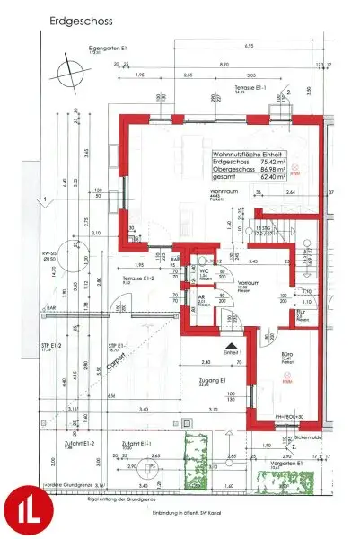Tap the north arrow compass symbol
pos(66,68)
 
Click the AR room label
pos(203,302)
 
